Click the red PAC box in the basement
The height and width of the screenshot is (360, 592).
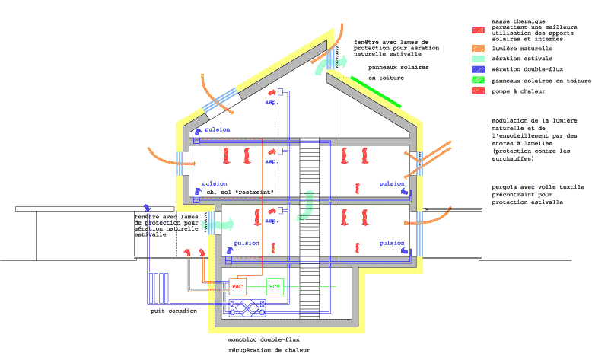pyautogui.click(x=238, y=287)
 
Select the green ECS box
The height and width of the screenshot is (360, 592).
pyautogui.click(x=275, y=287)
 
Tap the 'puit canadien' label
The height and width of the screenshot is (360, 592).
pyautogui.click(x=173, y=311)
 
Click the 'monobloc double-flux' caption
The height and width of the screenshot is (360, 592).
pyautogui.click(x=265, y=340)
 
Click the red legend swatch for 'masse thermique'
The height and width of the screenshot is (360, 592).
pyautogui.click(x=478, y=30)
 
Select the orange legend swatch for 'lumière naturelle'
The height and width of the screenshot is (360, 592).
pyautogui.click(x=478, y=49)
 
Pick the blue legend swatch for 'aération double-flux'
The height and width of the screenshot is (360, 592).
pyautogui.click(x=478, y=69)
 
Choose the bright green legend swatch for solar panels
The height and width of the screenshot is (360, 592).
pyautogui.click(x=478, y=80)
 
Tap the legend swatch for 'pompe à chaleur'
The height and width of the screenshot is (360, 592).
pyautogui.click(x=478, y=91)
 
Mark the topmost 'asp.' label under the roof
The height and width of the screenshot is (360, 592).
pyautogui.click(x=272, y=102)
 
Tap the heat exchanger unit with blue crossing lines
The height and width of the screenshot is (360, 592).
pyautogui.click(x=247, y=308)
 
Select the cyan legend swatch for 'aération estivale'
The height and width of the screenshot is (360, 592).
pyautogui.click(x=478, y=59)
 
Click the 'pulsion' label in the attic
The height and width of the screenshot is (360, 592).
pyautogui.click(x=217, y=130)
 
